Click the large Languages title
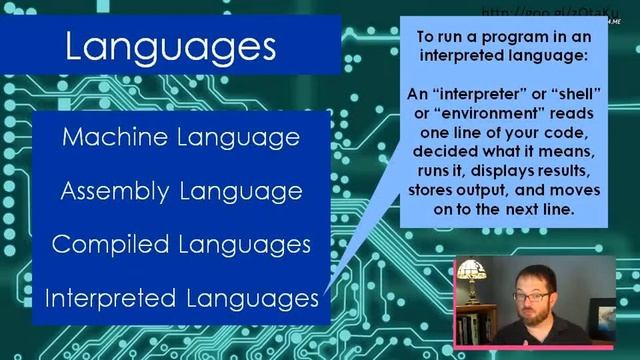(x=169, y=45)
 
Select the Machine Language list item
(x=181, y=137)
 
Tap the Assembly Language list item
(x=181, y=190)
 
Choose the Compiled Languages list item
(x=181, y=244)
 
